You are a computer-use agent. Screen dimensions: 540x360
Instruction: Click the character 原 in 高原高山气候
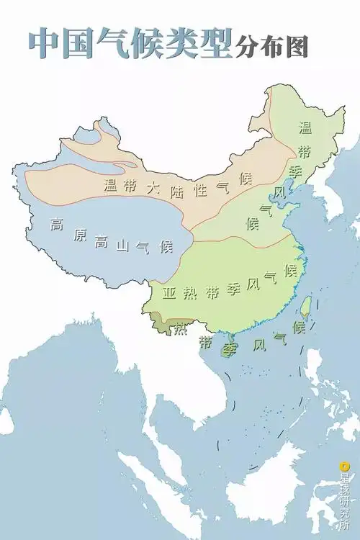[x=80, y=236]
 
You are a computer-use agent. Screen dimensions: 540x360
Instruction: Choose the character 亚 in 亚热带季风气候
[x=170, y=294]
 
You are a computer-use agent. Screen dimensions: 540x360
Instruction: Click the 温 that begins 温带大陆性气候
[x=110, y=186]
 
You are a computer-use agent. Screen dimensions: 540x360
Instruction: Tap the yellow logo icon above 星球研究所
[x=344, y=466]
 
